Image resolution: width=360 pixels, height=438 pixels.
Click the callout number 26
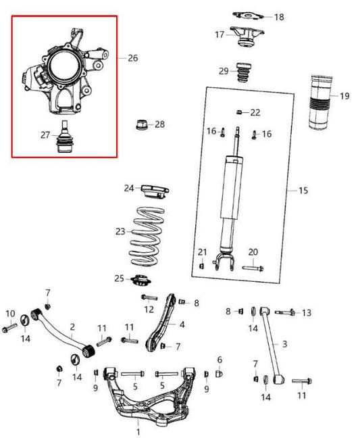[132, 58]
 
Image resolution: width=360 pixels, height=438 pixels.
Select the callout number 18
[279, 17]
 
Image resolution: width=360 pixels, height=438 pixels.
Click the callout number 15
[303, 191]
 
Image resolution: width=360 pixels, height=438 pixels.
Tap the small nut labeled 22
[240, 112]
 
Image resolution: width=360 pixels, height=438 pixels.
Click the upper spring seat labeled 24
[153, 189]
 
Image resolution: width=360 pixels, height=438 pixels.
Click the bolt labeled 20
[252, 268]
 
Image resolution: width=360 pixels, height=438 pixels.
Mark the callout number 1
[138, 431]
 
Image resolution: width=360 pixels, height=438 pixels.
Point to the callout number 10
[10, 314]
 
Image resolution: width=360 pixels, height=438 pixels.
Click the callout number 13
[306, 312]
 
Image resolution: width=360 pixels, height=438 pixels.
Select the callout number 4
[182, 324]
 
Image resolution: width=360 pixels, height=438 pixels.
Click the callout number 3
[284, 344]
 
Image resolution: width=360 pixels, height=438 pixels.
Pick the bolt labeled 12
[149, 297]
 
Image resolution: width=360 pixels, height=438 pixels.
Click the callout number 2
[72, 327]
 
